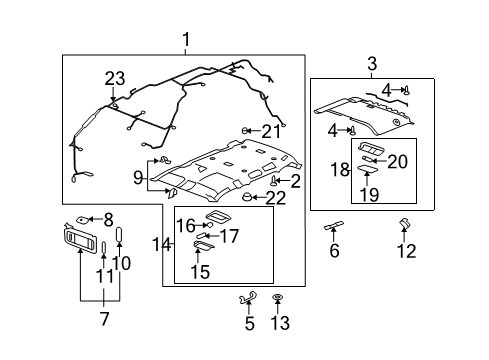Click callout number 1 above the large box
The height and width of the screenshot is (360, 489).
tap(185, 40)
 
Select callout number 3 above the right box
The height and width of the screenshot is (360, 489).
tap(372, 65)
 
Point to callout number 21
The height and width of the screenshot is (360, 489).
tap(271, 130)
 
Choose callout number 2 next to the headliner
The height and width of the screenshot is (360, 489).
tap(295, 180)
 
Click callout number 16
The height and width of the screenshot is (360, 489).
tap(187, 225)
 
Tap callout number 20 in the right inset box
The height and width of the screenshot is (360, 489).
tap(398, 161)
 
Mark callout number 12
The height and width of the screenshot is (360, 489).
tap(405, 252)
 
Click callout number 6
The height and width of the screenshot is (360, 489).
tap(335, 251)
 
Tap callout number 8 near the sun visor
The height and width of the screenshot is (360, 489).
tap(109, 218)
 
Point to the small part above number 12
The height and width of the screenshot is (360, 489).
tap(405, 225)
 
